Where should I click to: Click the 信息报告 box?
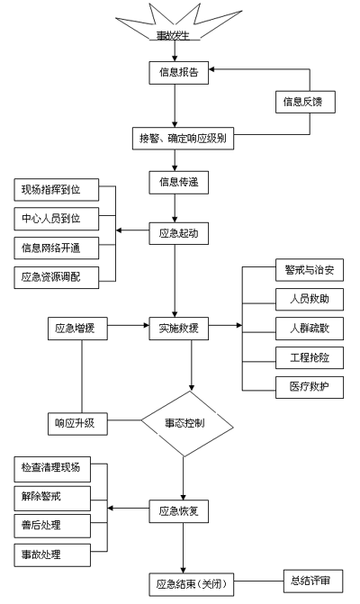tap(179, 73)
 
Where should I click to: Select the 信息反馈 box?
tap(305, 102)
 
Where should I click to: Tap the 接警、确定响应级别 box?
tap(183, 139)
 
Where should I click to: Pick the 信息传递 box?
tap(179, 183)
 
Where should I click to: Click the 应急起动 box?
tap(179, 233)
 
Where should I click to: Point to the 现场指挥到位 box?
tap(57, 190)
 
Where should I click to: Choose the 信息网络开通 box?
tap(57, 248)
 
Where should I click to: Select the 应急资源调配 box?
tap(57, 277)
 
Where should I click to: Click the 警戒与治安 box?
tap(310, 270)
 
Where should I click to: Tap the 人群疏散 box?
tap(310, 329)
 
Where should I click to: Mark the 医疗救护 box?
tap(310, 387)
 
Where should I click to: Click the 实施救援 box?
tap(179, 329)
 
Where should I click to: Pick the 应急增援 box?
tap(77, 329)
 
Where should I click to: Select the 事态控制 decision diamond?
tap(187, 424)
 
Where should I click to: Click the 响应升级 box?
tap(77, 424)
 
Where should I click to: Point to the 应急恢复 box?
tap(179, 511)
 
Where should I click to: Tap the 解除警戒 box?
tap(52, 499)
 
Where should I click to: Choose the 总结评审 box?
tap(313, 581)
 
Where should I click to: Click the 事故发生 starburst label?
tap(174, 36)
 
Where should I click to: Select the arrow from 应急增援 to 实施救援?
tap(128, 326)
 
